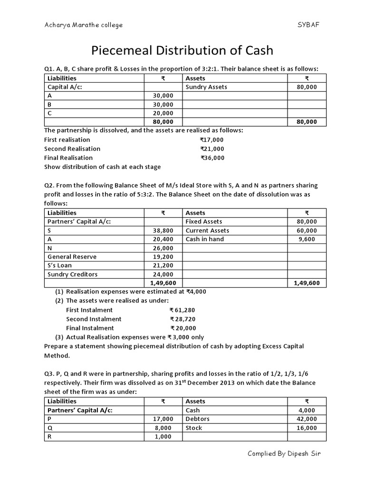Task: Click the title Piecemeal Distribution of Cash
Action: click(182, 50)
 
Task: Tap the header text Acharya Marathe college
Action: click(83, 25)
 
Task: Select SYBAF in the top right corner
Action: click(308, 25)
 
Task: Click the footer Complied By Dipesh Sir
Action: click(284, 453)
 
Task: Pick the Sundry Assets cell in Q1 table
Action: click(206, 87)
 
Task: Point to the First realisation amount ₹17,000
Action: click(211, 140)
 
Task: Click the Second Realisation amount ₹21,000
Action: click(211, 149)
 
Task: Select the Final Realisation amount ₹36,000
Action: click(212, 158)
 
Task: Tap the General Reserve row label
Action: click(72, 257)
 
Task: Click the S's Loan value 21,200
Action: click(163, 265)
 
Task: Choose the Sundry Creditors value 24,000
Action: click(163, 274)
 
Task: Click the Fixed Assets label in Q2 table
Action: click(203, 222)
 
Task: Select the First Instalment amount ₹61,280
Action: click(182, 310)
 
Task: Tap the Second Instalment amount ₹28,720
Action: click(182, 319)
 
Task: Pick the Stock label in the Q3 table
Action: click(194, 428)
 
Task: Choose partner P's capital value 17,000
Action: click(163, 419)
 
